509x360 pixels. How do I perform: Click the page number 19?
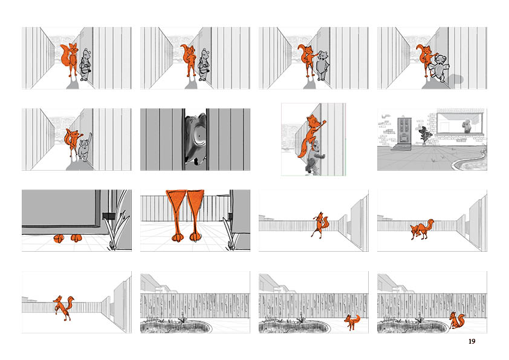(x=472, y=341)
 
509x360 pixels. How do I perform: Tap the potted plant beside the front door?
(x=424, y=137)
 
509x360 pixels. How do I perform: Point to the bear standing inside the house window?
(x=467, y=126)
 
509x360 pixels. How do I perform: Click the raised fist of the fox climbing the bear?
(x=324, y=122)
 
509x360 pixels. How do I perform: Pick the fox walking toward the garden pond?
(x=352, y=322)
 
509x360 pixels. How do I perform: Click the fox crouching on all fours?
(x=422, y=229)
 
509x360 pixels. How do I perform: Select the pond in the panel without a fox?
(x=175, y=326)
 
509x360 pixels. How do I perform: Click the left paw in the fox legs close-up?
(x=177, y=238)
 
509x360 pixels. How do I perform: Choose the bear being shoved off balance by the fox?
(x=439, y=68)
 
